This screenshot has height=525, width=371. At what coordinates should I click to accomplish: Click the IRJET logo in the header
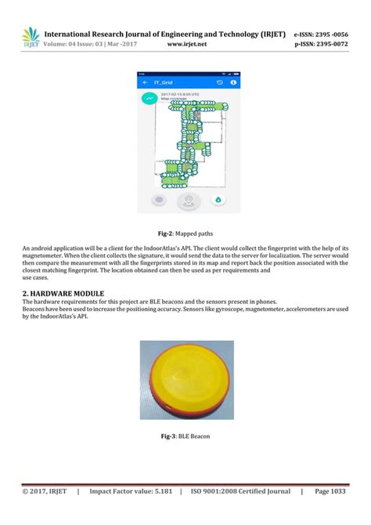coord(31,36)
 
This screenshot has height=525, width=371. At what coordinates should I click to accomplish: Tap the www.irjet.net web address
coord(185,44)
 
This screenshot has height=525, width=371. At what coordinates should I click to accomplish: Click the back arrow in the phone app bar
coord(146,81)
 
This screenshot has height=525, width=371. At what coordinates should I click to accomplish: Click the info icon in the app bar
coord(233,81)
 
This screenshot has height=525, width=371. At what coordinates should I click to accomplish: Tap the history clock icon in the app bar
coord(220,81)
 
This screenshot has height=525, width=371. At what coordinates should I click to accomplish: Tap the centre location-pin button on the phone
coord(187,201)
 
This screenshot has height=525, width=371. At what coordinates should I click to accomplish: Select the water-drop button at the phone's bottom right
coord(218,201)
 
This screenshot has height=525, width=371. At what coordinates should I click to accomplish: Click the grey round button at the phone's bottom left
coord(157,201)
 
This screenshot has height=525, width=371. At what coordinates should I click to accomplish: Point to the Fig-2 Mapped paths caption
coord(186,234)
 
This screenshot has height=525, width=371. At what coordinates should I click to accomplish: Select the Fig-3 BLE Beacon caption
coord(186,436)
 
